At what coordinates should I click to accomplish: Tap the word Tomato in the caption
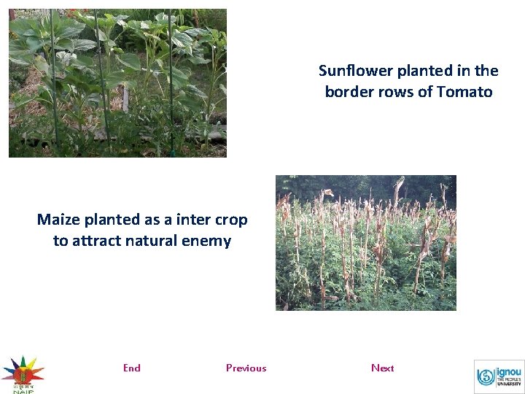pos(464,92)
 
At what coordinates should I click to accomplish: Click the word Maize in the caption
pos(57,220)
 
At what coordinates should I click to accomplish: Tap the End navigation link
pos(132,368)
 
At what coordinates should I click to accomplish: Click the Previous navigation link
pos(246,368)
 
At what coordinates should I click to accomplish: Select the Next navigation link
pos(382,368)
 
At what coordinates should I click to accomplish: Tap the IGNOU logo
pos(499,376)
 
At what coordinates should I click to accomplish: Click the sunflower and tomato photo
pos(117,83)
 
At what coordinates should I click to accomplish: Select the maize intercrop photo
pos(365,243)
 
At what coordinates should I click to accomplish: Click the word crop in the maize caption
pos(233,220)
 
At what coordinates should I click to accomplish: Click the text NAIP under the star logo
pos(23,390)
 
